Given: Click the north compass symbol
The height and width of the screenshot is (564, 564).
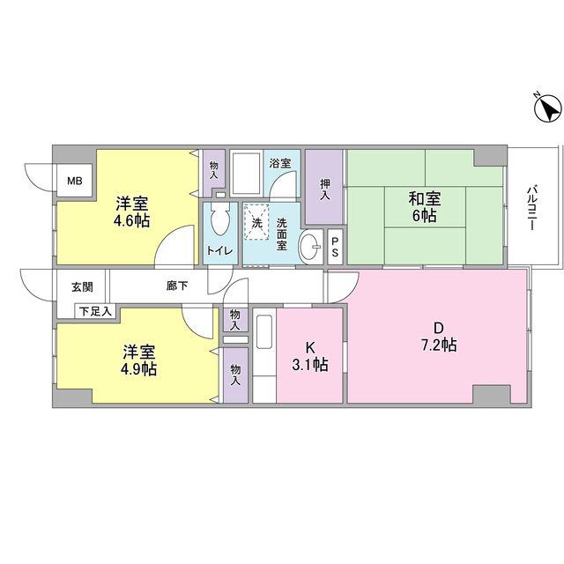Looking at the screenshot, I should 547,109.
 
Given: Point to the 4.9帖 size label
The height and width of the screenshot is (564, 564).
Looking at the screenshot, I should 139,368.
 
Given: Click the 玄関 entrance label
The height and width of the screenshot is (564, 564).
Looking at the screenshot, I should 82,286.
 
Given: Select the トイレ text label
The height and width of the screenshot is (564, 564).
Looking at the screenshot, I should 219,250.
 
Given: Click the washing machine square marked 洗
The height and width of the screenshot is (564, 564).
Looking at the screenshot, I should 257,222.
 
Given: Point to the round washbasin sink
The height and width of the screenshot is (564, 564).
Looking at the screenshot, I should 310,248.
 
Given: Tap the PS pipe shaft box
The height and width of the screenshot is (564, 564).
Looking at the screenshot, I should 336,247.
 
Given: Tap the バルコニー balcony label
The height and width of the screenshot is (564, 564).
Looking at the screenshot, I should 532,208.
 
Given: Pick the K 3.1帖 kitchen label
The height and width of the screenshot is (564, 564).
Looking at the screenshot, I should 310,355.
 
